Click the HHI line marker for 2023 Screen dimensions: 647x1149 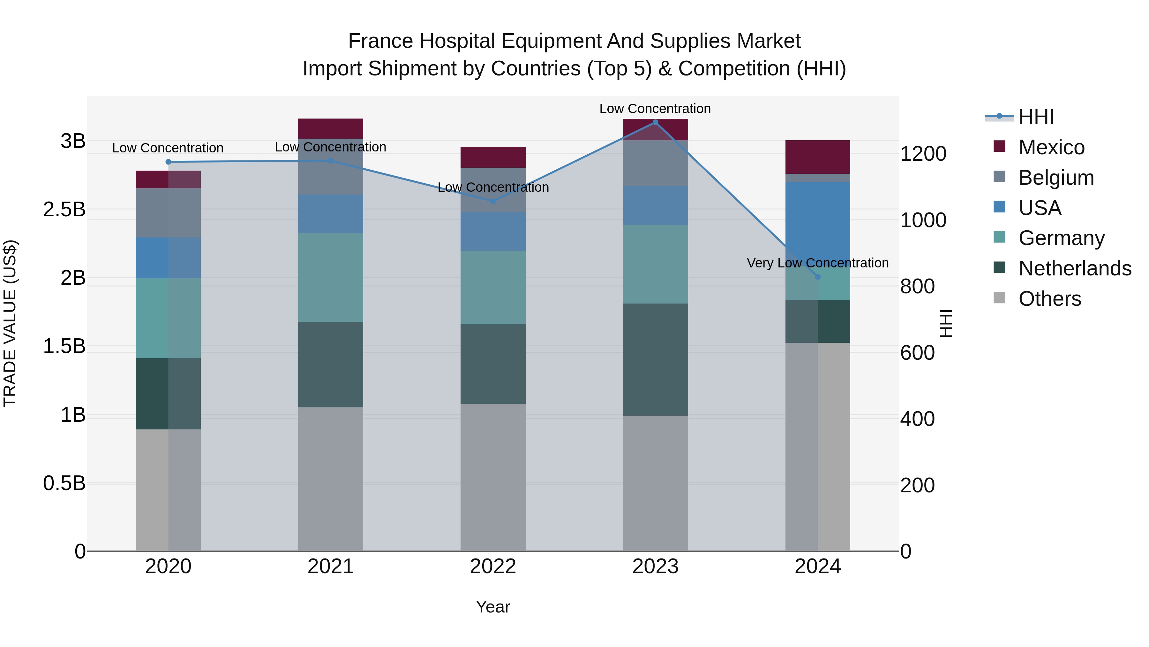pyautogui.click(x=655, y=122)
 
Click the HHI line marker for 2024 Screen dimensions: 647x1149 pyautogui.click(x=818, y=277)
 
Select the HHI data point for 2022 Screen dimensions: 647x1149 pyautogui.click(x=493, y=201)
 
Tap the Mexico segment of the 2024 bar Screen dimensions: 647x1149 pyautogui.click(x=818, y=157)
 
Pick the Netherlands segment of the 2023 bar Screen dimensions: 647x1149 pyautogui.click(x=655, y=359)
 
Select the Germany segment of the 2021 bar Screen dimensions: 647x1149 pyautogui.click(x=331, y=277)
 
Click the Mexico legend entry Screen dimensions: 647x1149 pyautogui.click(x=1051, y=147)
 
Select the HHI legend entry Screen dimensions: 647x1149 pyautogui.click(x=1036, y=117)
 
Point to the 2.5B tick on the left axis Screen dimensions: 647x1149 pyautogui.click(x=64, y=209)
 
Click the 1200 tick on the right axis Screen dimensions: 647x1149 pyautogui.click(x=923, y=154)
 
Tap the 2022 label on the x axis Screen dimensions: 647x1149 pyautogui.click(x=493, y=566)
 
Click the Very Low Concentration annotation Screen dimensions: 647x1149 pyautogui.click(x=818, y=263)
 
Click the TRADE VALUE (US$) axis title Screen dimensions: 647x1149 pyautogui.click(x=10, y=323)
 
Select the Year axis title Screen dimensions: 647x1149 pyautogui.click(x=493, y=607)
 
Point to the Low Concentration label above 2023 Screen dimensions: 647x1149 pyautogui.click(x=655, y=109)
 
